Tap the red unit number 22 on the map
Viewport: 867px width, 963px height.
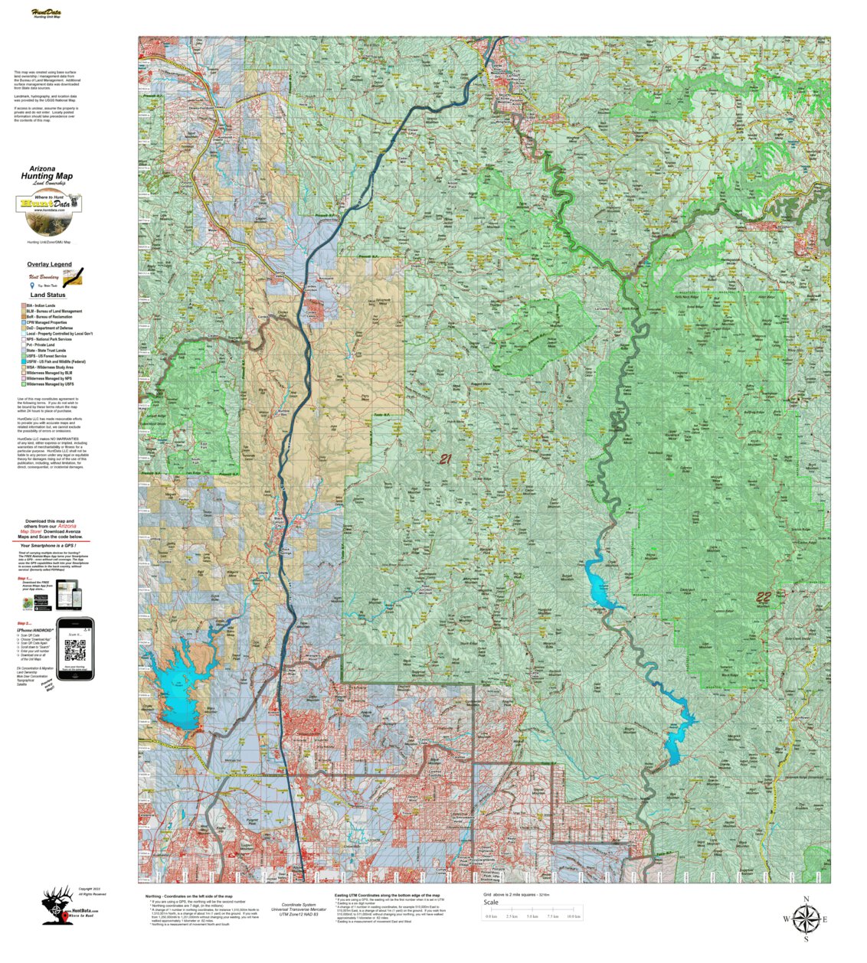(x=764, y=598)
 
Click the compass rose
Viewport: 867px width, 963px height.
(x=806, y=918)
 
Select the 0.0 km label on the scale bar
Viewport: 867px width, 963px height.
(x=491, y=916)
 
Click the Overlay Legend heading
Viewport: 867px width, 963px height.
(x=49, y=264)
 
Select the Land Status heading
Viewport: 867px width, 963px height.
(x=47, y=295)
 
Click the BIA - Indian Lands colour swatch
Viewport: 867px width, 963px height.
(x=23, y=305)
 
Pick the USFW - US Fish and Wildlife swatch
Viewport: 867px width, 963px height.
(x=23, y=361)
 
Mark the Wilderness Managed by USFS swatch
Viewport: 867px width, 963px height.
(x=23, y=384)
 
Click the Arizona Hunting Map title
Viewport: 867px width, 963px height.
(x=47, y=172)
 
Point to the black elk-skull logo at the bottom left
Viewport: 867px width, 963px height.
(x=55, y=908)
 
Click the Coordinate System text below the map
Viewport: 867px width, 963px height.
(x=298, y=905)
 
